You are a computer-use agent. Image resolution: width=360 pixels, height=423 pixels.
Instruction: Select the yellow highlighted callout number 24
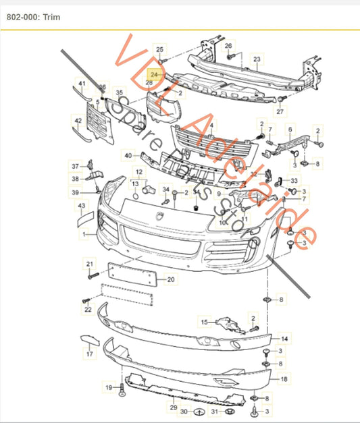(x=155, y=74)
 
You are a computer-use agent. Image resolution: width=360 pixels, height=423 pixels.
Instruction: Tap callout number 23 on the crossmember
(x=257, y=59)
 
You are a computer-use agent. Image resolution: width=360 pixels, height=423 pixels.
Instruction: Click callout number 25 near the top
(x=160, y=50)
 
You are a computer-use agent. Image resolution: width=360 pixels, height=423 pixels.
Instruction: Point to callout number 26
(x=228, y=46)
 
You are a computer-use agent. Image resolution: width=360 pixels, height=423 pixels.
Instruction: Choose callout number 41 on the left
(x=81, y=84)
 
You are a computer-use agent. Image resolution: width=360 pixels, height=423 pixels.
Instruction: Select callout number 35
(x=119, y=92)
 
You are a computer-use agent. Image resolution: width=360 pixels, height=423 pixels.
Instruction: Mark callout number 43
(x=81, y=205)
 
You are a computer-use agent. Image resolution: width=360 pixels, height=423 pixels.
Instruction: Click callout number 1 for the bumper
(x=84, y=234)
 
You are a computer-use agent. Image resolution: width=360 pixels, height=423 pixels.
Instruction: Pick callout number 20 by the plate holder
(x=170, y=279)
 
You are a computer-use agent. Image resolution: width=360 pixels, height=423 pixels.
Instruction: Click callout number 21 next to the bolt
(x=88, y=262)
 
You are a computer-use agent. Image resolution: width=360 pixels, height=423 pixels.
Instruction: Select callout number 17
(x=88, y=353)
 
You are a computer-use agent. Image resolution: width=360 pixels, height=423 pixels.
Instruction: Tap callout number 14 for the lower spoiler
(x=284, y=338)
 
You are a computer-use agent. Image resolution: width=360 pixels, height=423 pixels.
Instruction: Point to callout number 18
(x=284, y=380)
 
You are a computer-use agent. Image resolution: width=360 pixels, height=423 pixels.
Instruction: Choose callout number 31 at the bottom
(x=213, y=411)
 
